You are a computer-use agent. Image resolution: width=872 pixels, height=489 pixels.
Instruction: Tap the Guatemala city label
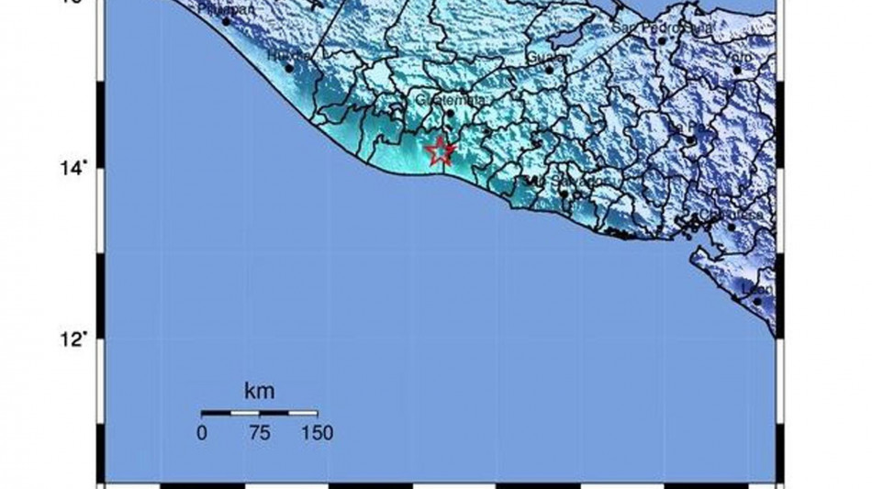coord(442,99)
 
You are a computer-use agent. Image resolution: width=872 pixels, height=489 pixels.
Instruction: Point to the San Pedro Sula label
coord(651,28)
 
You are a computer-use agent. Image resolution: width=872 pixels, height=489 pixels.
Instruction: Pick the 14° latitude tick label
coord(79,168)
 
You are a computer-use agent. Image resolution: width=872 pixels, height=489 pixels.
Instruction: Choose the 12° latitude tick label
coord(79,339)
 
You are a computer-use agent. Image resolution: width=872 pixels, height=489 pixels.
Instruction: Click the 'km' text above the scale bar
coord(259,392)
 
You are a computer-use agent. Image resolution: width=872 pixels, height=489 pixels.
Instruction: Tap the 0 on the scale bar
coord(202,433)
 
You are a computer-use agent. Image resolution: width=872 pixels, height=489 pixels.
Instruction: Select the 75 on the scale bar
coord(259,433)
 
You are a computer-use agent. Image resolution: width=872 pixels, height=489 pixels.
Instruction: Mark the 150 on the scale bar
coord(317,433)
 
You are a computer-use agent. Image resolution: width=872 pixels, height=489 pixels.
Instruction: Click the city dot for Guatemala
coord(450,113)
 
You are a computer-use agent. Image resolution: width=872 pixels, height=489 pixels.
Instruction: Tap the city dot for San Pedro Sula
coord(661,40)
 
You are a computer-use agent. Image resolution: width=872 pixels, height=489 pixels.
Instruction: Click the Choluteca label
coord(721,215)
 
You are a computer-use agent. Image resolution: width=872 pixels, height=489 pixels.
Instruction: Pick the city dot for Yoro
coord(737,70)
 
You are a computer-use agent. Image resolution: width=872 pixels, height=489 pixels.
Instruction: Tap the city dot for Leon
coord(757,302)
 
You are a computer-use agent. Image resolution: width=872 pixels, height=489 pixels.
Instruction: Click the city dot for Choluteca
coord(732,227)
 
